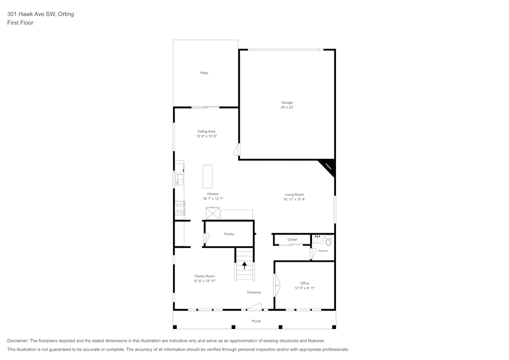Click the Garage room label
point(287,103)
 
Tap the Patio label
point(204,73)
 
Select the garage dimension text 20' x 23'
point(287,108)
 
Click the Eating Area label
point(206,131)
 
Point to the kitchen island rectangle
point(207,176)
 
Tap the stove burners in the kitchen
point(179,208)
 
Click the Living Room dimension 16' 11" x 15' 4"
point(294,200)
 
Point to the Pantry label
point(229,234)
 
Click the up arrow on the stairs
point(244,265)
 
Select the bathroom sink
point(318,238)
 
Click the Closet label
point(292,239)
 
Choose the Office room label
point(304,283)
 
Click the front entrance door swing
point(254,306)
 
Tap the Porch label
point(257,321)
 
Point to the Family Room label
point(204,276)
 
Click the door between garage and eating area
point(237,150)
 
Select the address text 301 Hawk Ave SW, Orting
point(40,14)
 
